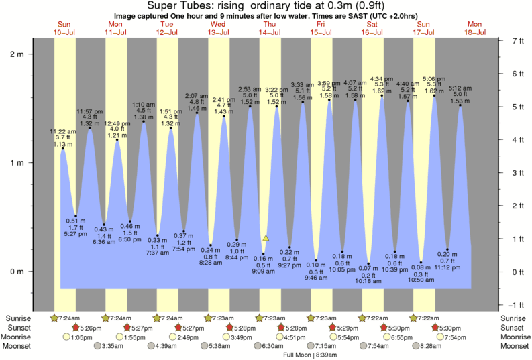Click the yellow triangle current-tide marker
(x=266, y=238)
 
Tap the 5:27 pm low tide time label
(x=75, y=234)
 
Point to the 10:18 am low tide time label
(x=368, y=282)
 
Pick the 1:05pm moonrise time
(x=83, y=337)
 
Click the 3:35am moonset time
(x=113, y=346)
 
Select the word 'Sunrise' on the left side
(x=18, y=318)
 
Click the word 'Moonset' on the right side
(x=514, y=346)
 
